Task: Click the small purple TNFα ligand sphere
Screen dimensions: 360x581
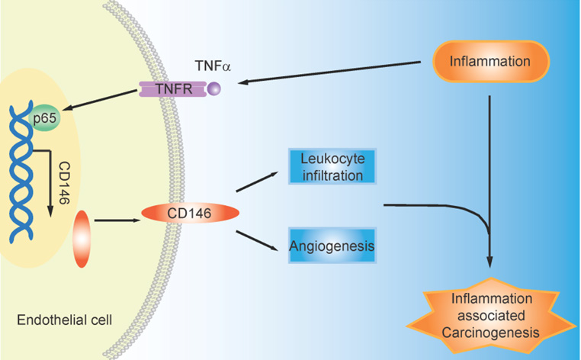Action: point(214,90)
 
